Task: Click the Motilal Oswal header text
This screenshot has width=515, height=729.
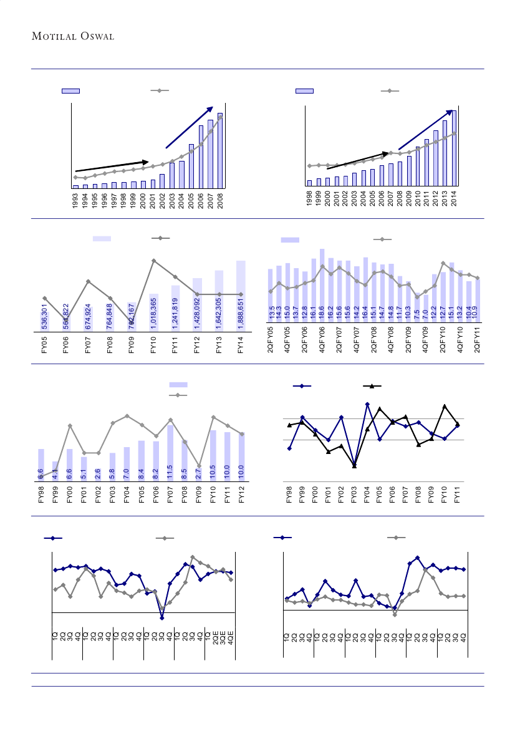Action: pyautogui.click(x=82, y=36)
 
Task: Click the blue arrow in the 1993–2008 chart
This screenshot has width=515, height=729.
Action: pyautogui.click(x=190, y=127)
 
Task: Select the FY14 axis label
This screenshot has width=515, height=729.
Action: pyautogui.click(x=241, y=345)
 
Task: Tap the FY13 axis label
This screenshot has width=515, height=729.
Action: pyautogui.click(x=219, y=345)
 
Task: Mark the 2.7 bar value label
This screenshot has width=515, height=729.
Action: pyautogui.click(x=198, y=473)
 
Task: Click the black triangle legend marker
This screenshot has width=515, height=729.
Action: pyautogui.click(x=372, y=387)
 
